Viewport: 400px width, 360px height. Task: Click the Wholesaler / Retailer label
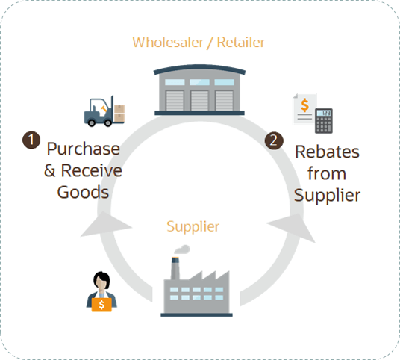pyautogui.click(x=199, y=43)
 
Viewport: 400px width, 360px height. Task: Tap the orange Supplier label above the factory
pyautogui.click(x=193, y=225)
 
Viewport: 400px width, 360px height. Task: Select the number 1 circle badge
pyautogui.click(x=31, y=140)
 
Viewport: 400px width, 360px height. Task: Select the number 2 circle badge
pyautogui.click(x=275, y=140)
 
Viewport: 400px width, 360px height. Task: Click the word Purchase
pyautogui.click(x=83, y=148)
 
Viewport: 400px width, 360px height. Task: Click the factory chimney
pyautogui.click(x=175, y=268)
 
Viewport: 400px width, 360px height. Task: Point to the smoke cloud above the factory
pyautogui.click(x=181, y=249)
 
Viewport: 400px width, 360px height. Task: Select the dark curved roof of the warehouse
pyautogui.click(x=199, y=72)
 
